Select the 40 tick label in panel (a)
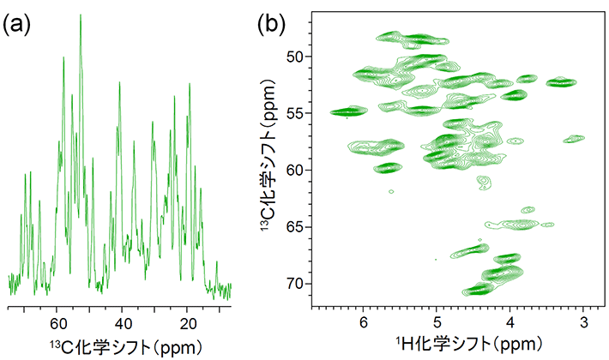point(123,324)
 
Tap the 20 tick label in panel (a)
point(189,324)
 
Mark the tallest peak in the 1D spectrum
point(81,15)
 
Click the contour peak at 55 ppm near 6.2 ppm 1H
point(349,111)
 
